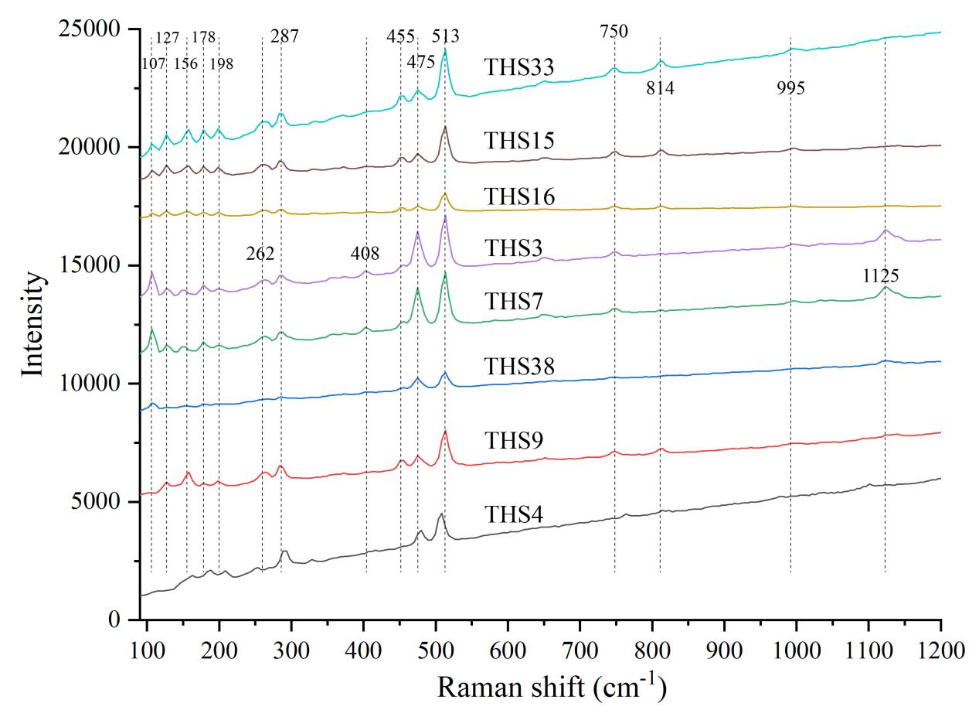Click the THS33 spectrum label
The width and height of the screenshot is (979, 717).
pyautogui.click(x=519, y=68)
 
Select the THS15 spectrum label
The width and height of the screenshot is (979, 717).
pyautogui.click(x=519, y=141)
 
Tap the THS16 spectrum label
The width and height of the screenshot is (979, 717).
pyautogui.click(x=519, y=197)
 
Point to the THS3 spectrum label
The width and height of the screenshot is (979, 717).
pyautogui.click(x=513, y=248)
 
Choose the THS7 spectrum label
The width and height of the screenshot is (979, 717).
pyautogui.click(x=513, y=302)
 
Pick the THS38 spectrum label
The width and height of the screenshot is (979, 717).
pyautogui.click(x=519, y=367)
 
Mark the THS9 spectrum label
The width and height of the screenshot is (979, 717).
pyautogui.click(x=513, y=441)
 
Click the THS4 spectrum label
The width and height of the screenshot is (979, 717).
pyautogui.click(x=513, y=515)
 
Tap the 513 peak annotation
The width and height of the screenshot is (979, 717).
pyautogui.click(x=446, y=36)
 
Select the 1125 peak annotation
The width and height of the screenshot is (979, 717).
pyautogui.click(x=881, y=276)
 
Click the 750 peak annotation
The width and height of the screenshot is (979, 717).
pyautogui.click(x=614, y=32)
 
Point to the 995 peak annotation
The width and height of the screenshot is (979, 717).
pyautogui.click(x=790, y=88)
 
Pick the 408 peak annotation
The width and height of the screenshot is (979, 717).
pyautogui.click(x=365, y=254)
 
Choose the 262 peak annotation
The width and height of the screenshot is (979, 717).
pyautogui.click(x=260, y=254)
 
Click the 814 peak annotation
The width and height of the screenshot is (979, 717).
pyautogui.click(x=660, y=88)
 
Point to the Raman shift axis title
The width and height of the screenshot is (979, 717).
pyautogui.click(x=552, y=685)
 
